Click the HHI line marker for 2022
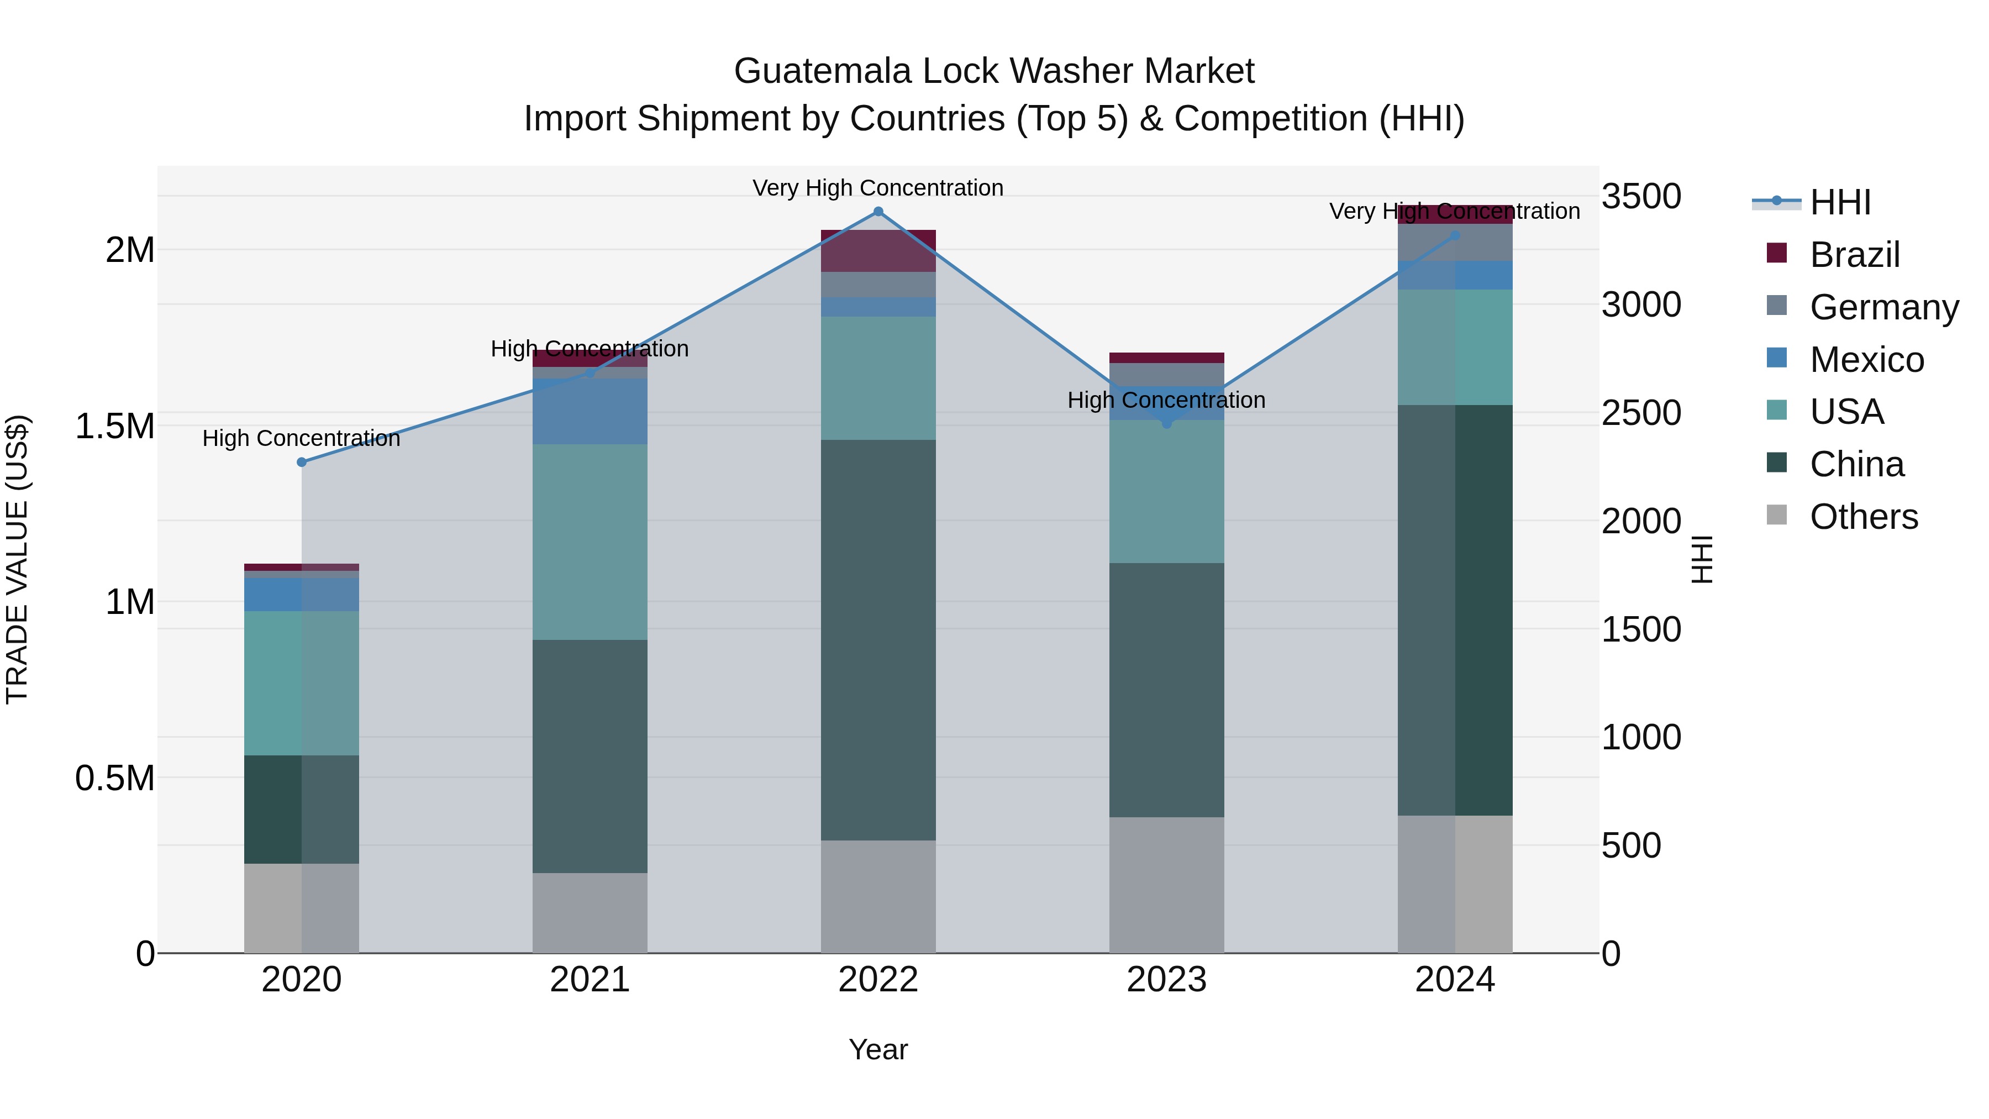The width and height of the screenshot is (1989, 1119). (878, 212)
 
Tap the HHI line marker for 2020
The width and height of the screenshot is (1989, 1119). (302, 462)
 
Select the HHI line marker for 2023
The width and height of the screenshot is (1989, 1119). (1167, 423)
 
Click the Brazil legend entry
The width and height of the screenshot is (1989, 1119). (1853, 255)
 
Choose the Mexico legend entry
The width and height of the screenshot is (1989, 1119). (1865, 360)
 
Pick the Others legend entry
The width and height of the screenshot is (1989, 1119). (1862, 517)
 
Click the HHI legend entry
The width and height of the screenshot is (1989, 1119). (1839, 202)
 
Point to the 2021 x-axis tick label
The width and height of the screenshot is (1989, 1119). (590, 979)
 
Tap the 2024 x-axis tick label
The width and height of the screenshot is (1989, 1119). (1455, 979)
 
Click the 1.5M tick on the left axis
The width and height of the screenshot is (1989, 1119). (114, 425)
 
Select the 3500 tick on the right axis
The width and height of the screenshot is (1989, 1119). (1641, 196)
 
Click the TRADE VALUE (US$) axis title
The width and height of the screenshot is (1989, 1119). (17, 559)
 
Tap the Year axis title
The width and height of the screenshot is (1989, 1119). (878, 1049)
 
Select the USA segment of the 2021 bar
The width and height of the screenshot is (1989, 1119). (590, 542)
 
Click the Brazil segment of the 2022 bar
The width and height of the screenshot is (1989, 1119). (878, 251)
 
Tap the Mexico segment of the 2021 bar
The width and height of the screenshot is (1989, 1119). (590, 412)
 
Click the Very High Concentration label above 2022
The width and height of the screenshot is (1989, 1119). (878, 188)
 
